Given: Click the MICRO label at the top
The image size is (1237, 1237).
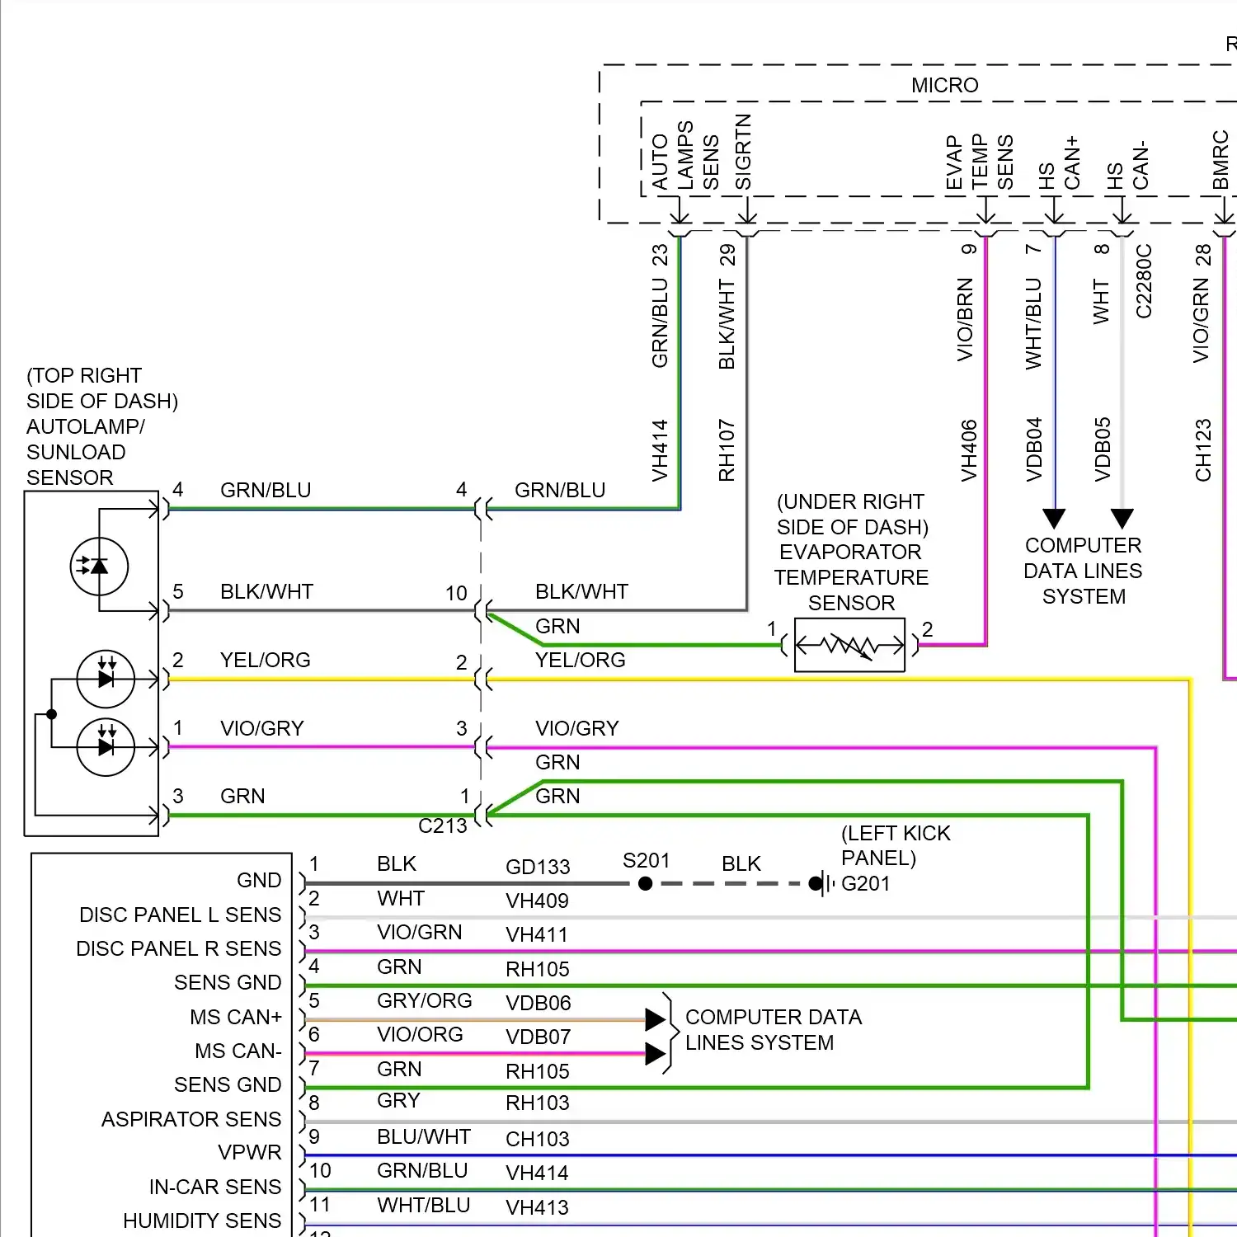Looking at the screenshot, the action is pyautogui.click(x=944, y=85).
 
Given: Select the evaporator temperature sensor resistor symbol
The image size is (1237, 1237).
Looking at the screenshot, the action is pyautogui.click(x=849, y=645).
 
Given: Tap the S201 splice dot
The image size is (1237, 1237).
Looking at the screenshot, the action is pyautogui.click(x=646, y=883).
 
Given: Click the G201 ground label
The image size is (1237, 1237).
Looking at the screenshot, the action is pyautogui.click(x=866, y=883).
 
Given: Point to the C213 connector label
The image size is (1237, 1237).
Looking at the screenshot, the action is pyautogui.click(x=443, y=825).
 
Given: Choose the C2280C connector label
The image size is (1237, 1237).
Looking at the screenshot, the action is pyautogui.click(x=1144, y=280).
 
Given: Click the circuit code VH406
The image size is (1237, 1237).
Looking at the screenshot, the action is pyautogui.click(x=969, y=450).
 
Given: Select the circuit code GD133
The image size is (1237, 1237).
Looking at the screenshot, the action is pyautogui.click(x=538, y=867).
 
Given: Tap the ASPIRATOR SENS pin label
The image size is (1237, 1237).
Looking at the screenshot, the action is pyautogui.click(x=191, y=1119).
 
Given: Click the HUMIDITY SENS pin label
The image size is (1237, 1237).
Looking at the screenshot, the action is pyautogui.click(x=202, y=1221).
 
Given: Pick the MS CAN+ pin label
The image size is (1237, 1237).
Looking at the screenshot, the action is pyautogui.click(x=236, y=1017).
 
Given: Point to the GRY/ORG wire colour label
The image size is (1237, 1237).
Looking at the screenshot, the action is pyautogui.click(x=425, y=1000).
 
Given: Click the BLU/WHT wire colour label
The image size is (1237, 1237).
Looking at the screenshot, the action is pyautogui.click(x=424, y=1136).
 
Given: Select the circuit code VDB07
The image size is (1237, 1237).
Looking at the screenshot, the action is pyautogui.click(x=538, y=1037).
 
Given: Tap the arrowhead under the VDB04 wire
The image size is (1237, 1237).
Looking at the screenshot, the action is pyautogui.click(x=1054, y=519).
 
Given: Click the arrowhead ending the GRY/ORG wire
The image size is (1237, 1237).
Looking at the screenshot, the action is pyautogui.click(x=656, y=1020).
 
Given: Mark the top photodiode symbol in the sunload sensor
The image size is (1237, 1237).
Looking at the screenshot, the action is pyautogui.click(x=99, y=567).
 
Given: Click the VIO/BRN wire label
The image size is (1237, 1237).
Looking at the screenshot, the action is pyautogui.click(x=965, y=320).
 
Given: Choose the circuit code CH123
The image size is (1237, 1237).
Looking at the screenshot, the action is pyautogui.click(x=1203, y=450).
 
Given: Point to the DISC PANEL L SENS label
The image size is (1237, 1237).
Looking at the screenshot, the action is pyautogui.click(x=181, y=915).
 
